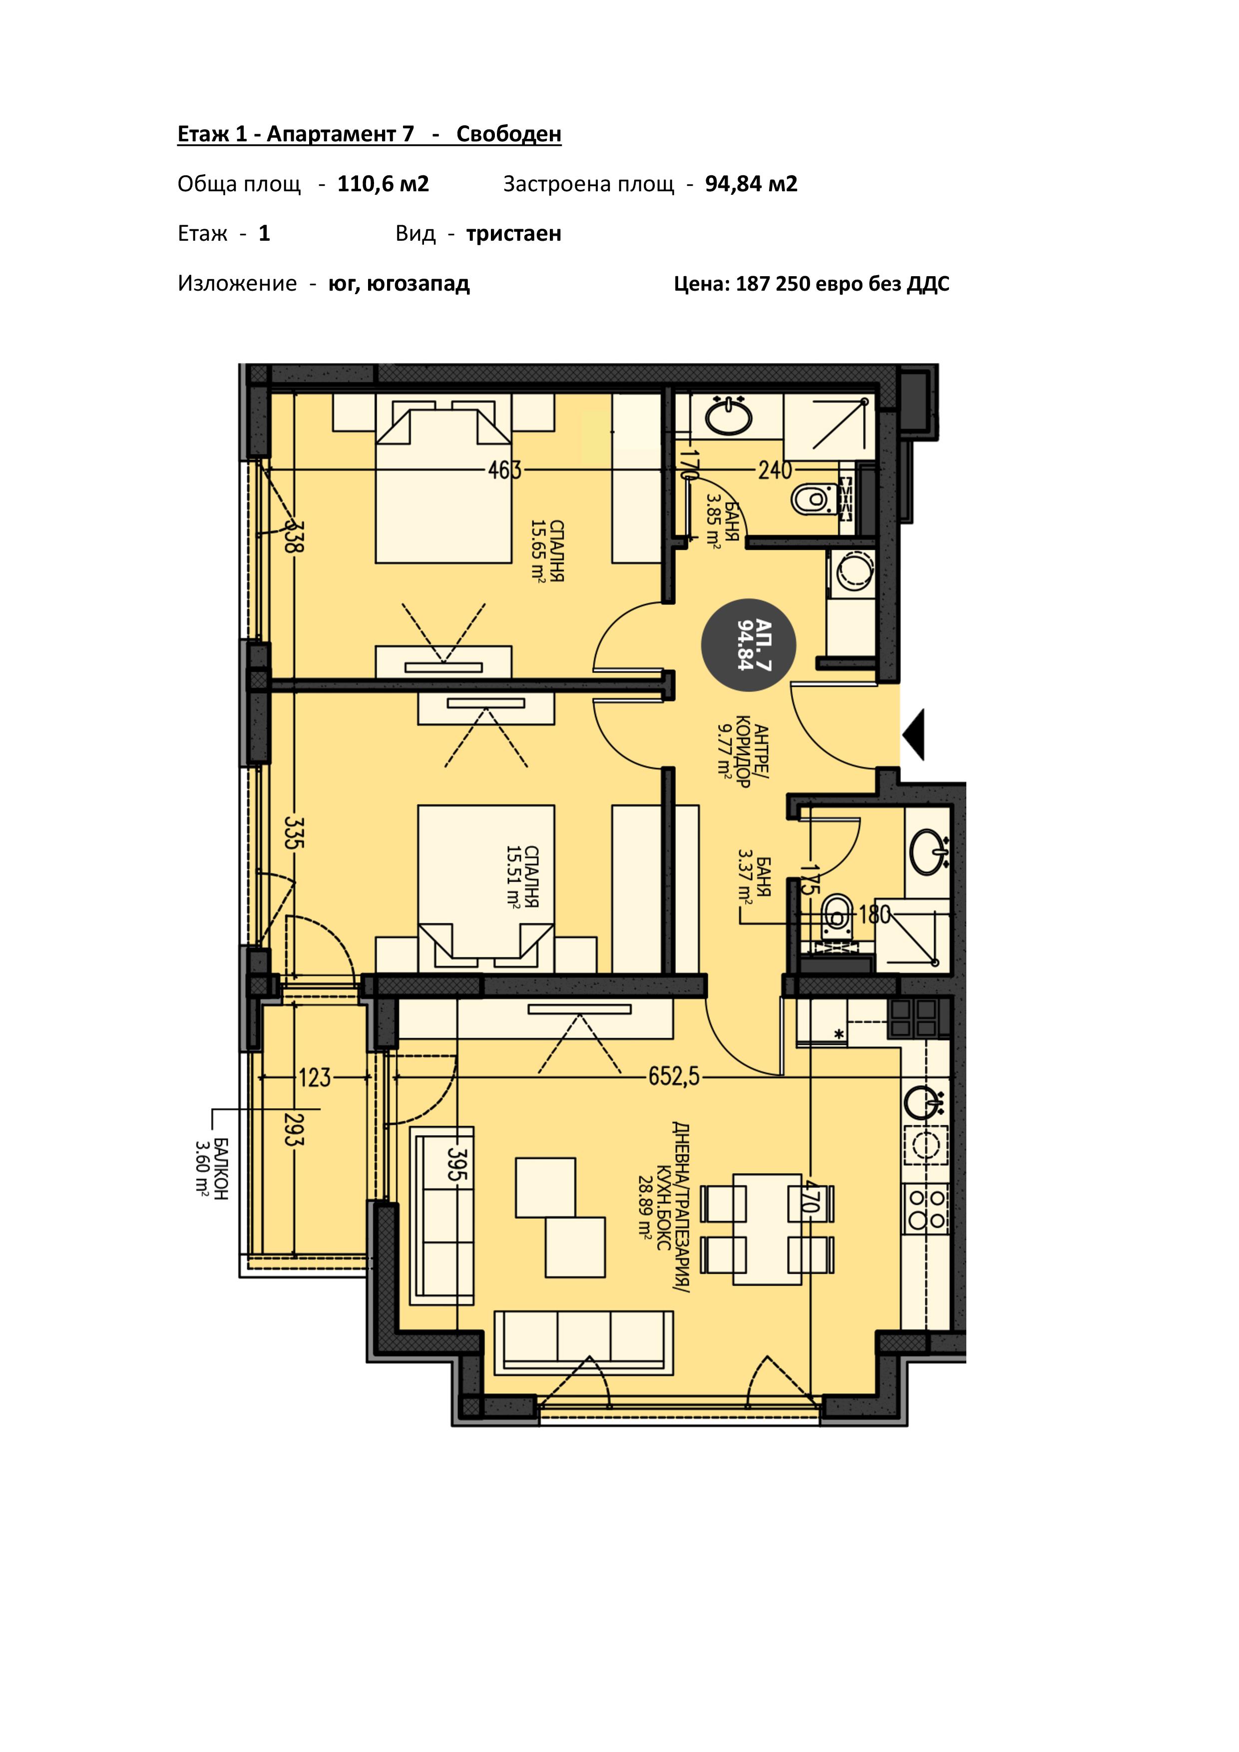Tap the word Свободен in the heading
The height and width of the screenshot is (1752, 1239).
[x=509, y=134]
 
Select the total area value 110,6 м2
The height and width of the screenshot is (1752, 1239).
[x=383, y=184]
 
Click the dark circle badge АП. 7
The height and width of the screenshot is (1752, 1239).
[x=749, y=645]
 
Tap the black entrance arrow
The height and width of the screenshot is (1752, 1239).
[x=913, y=734]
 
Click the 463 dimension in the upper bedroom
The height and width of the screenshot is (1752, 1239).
[x=504, y=470]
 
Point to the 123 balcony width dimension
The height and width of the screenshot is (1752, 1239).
[x=314, y=1077]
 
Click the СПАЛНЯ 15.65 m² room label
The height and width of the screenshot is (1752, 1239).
[x=548, y=551]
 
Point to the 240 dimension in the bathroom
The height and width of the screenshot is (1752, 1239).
[x=775, y=470]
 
